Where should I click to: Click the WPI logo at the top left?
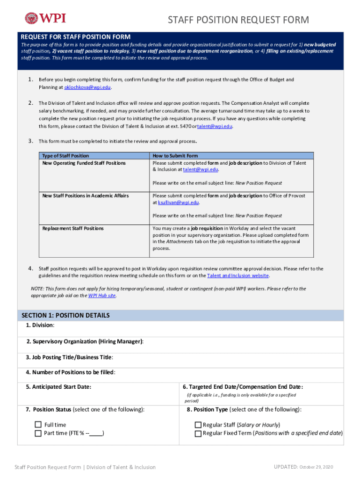point(45,18)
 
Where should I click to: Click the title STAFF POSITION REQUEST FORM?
point(238,20)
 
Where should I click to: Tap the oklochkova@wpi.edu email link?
point(87,87)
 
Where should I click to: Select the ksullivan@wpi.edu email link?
point(178,203)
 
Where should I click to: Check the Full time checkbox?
point(38,425)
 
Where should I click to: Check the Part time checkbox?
point(38,433)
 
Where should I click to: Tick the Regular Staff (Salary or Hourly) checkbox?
point(198,425)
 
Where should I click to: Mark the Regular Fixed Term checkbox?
point(198,433)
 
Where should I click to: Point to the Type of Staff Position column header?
point(65,156)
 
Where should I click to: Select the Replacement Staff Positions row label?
point(73,228)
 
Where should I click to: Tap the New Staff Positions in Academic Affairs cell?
point(86,196)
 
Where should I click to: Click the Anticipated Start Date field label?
point(58,387)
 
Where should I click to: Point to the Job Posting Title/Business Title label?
point(69,357)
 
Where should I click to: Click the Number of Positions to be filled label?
point(71,372)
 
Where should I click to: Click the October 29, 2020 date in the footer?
point(317,467)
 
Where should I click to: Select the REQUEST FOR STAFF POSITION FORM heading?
point(75,37)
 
